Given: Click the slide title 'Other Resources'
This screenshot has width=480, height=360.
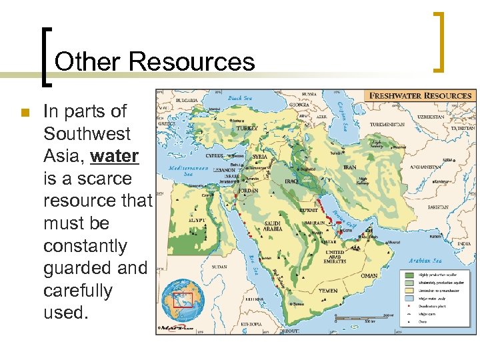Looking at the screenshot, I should (x=155, y=61).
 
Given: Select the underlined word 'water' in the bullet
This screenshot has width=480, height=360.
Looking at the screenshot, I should (x=114, y=156).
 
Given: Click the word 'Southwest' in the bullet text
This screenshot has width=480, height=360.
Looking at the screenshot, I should (x=87, y=133).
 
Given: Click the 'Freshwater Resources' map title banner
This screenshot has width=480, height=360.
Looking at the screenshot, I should (x=420, y=95).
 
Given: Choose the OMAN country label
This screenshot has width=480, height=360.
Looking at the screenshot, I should (x=369, y=276).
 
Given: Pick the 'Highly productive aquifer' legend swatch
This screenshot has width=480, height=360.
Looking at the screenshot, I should (x=407, y=275).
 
